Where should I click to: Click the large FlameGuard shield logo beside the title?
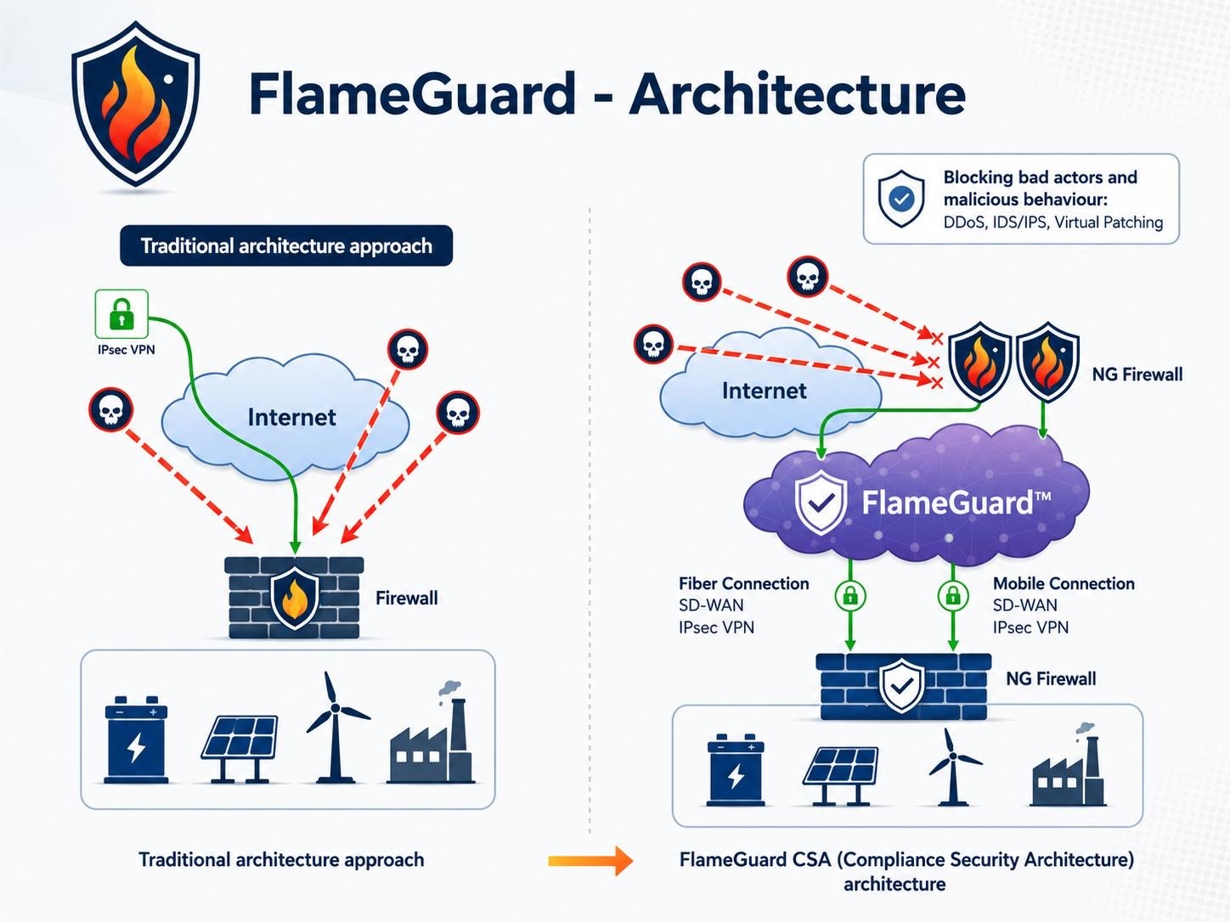tap(136, 104)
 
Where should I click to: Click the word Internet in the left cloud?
tap(291, 418)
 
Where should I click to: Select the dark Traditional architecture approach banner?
tap(286, 245)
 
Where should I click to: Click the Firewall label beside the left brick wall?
tap(406, 599)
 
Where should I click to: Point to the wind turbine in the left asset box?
tap(336, 728)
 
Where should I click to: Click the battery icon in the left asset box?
tap(136, 739)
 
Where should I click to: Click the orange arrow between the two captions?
tap(590, 860)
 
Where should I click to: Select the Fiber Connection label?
tap(743, 584)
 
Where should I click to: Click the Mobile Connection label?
tap(1064, 584)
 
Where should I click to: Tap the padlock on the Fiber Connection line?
tap(850, 595)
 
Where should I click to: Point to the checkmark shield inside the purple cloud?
tap(821, 502)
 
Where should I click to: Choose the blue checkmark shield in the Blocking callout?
tap(901, 199)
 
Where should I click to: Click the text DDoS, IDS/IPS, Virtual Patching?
tap(1053, 222)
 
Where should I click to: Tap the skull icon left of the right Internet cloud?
tap(653, 344)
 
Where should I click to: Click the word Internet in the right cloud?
tap(764, 391)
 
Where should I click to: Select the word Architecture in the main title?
tap(798, 93)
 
